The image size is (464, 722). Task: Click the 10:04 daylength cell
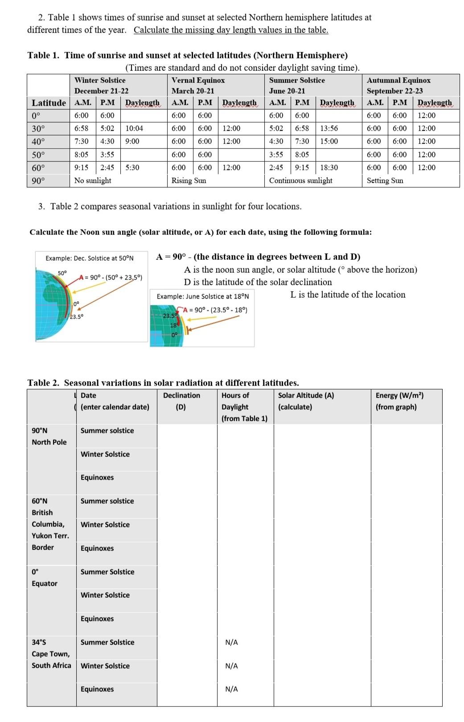pos(134,128)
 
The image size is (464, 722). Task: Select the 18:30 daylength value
pos(329,168)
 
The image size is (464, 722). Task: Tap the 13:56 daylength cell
pos(329,128)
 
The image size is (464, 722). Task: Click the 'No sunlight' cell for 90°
pos(93,180)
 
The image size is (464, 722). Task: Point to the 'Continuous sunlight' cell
pos(300,180)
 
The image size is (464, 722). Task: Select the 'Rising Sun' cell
pos(189,180)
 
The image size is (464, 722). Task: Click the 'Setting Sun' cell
pos(385,180)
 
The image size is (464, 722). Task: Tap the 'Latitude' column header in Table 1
pos(49,103)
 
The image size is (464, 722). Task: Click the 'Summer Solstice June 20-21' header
pos(297,85)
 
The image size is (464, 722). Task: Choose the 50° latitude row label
pos(38,155)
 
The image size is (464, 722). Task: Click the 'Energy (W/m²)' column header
pos(399,401)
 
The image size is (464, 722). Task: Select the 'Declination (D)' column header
pos(181,401)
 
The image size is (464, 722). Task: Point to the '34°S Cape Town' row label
pos(50,654)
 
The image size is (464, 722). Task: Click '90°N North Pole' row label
pos(49,436)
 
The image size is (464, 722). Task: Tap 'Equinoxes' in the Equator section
pos(97,619)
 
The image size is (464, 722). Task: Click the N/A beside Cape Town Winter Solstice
pos(231,666)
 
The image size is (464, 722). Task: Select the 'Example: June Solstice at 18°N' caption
pos(203,296)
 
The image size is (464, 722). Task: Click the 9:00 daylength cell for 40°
pos(132,141)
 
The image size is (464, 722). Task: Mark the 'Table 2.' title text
pos(44,383)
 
